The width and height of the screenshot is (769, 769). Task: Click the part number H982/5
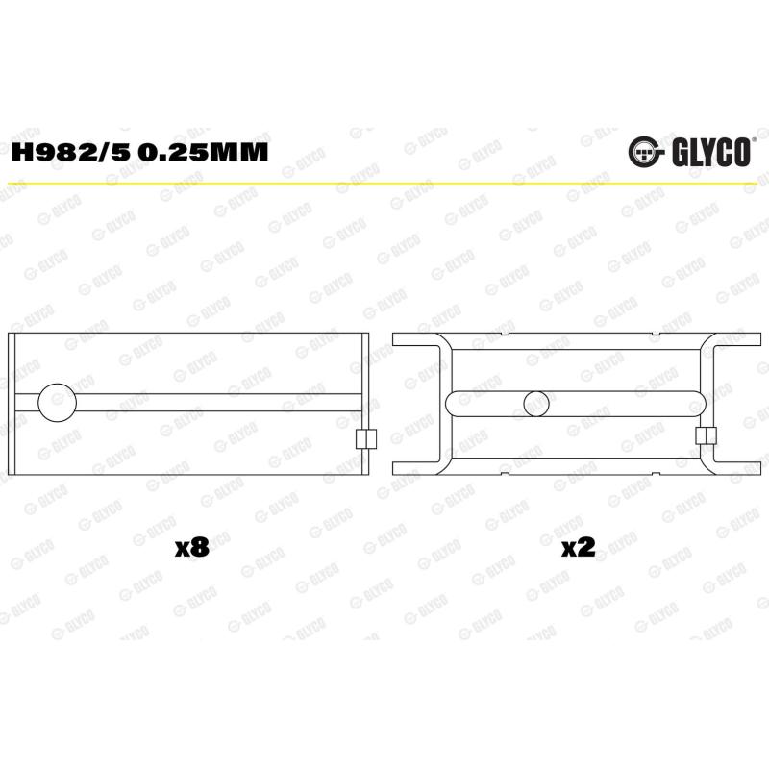(x=70, y=152)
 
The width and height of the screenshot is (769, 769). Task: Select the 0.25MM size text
(x=203, y=152)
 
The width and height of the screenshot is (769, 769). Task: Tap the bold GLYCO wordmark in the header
(x=711, y=153)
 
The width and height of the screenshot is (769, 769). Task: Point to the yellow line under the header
(x=384, y=184)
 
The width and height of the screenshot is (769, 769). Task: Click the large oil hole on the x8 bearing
(x=58, y=402)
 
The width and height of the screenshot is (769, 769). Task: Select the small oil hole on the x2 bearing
(x=536, y=404)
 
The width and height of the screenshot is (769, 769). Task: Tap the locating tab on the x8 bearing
(x=365, y=439)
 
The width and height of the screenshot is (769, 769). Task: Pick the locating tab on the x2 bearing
(x=706, y=435)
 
